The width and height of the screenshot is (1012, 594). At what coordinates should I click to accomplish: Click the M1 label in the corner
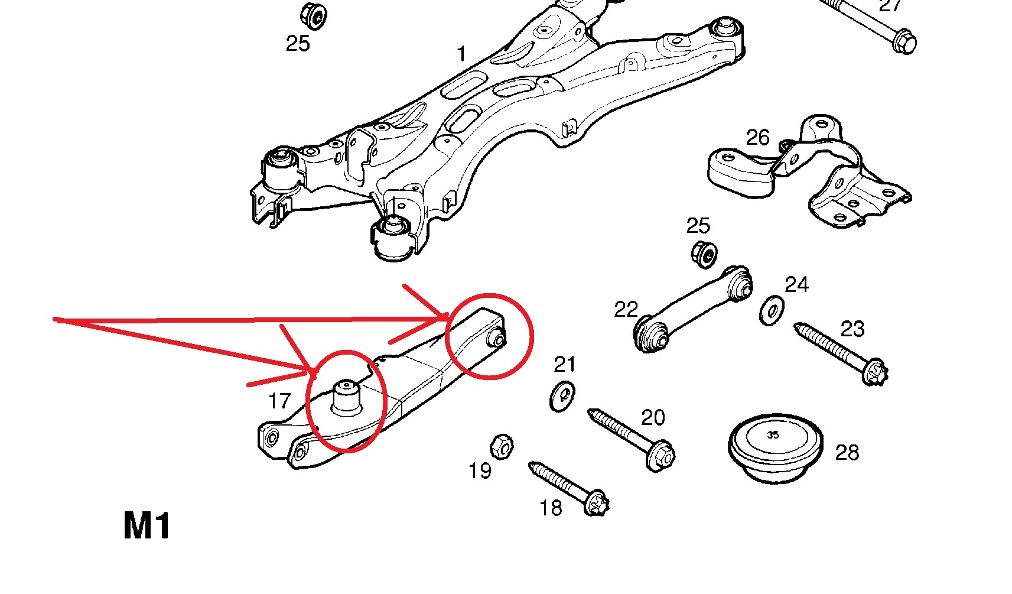pyautogui.click(x=147, y=525)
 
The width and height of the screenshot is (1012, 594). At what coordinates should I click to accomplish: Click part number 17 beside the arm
pyautogui.click(x=279, y=401)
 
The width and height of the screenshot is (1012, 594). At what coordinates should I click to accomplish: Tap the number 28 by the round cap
pyautogui.click(x=847, y=453)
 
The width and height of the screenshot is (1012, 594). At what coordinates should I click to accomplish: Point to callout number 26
pyautogui.click(x=757, y=138)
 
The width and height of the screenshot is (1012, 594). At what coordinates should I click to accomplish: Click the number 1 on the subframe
pyautogui.click(x=461, y=54)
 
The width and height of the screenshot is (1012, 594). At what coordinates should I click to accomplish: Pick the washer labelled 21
pyautogui.click(x=562, y=396)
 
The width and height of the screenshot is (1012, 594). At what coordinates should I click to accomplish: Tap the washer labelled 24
pyautogui.click(x=772, y=310)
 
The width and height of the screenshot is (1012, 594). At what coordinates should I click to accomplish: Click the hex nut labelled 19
pyautogui.click(x=502, y=446)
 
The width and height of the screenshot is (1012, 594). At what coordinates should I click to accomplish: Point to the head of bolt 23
pyautogui.click(x=875, y=372)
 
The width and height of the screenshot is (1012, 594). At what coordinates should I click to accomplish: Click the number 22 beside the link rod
pyautogui.click(x=626, y=309)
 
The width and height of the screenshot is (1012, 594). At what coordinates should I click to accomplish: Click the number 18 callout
pyautogui.click(x=551, y=508)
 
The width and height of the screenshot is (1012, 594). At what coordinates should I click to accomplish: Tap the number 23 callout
pyautogui.click(x=852, y=329)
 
